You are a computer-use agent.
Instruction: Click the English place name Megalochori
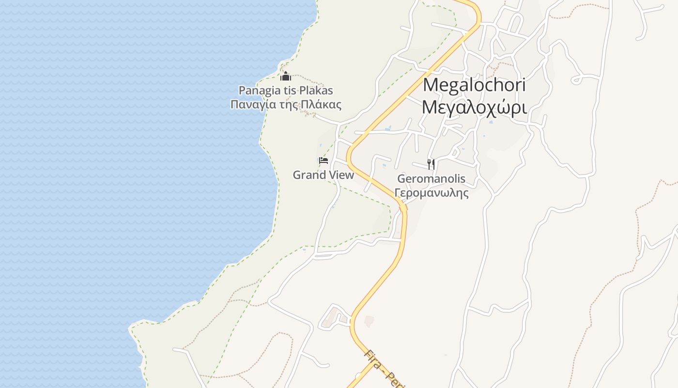(x=474, y=85)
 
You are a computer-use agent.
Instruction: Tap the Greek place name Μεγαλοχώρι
(x=474, y=107)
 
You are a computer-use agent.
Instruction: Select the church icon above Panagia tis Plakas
(x=286, y=76)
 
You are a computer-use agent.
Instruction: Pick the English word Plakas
(x=316, y=90)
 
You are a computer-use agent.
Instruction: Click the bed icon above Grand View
(x=324, y=161)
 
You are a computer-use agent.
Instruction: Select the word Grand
(x=308, y=175)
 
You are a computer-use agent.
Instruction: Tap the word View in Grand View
(x=341, y=175)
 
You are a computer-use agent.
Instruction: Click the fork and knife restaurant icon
(x=431, y=164)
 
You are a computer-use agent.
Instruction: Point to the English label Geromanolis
(x=431, y=178)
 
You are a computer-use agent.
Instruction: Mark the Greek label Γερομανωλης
(x=431, y=193)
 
